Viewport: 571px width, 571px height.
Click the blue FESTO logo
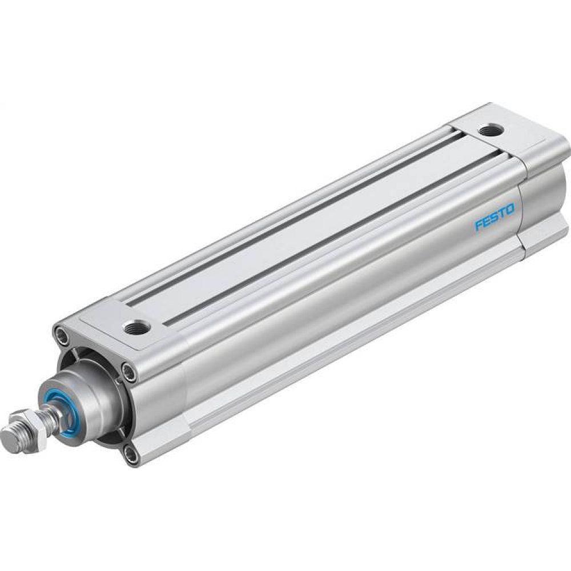[494, 219]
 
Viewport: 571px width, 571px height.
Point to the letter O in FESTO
[510, 210]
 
